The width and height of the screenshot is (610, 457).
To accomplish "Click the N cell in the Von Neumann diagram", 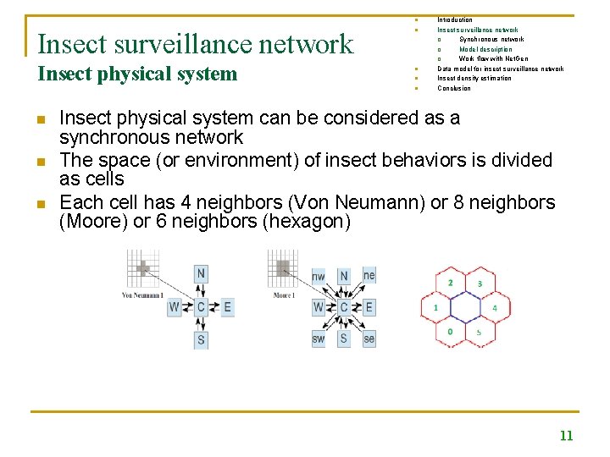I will click(x=201, y=273).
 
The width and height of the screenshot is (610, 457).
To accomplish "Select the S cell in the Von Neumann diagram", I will click(x=201, y=340).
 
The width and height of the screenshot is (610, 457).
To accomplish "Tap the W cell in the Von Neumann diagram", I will click(x=174, y=307).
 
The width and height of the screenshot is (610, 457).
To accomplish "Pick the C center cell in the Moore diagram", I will click(x=343, y=307).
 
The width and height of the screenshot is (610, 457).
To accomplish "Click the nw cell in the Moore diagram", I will click(x=319, y=276).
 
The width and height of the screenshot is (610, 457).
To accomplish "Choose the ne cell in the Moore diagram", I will click(x=369, y=275).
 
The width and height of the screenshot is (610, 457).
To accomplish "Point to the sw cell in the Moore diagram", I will click(x=319, y=339).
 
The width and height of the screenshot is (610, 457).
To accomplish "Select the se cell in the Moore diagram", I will click(x=369, y=339).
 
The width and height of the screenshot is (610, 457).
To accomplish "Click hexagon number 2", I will click(x=450, y=283).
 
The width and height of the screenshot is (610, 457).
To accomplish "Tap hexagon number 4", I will click(x=494, y=308).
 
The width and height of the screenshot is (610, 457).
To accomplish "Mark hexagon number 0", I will click(x=450, y=332).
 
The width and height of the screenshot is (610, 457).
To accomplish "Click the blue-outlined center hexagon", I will click(x=465, y=307).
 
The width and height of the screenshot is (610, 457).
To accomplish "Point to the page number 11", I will click(x=566, y=436).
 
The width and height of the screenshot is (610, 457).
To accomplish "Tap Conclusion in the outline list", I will click(x=453, y=88).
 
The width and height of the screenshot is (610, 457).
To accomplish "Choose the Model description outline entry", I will click(x=485, y=49).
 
